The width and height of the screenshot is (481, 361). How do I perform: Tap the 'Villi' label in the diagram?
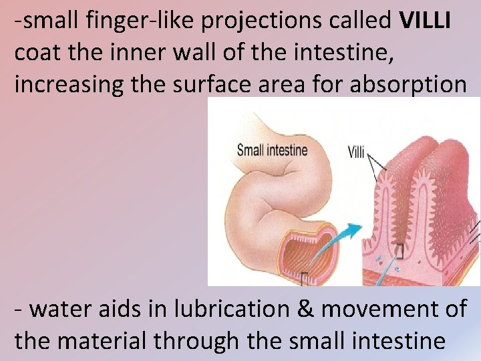[x=356, y=152]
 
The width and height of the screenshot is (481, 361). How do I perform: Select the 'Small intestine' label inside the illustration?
[x=272, y=150]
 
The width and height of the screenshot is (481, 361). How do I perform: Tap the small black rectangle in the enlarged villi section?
[x=400, y=251]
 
